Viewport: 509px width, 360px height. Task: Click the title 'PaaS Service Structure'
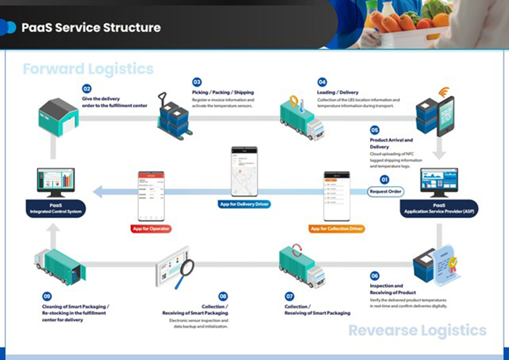91,28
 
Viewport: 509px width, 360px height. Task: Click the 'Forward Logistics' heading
88,68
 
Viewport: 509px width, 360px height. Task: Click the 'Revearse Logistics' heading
417,331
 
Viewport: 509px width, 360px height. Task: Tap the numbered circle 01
385,179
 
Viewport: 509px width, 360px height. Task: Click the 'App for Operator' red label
151,228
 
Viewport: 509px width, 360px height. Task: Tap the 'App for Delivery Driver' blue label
244,204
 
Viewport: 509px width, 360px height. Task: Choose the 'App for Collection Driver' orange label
337,228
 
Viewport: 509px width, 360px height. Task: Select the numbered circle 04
322,82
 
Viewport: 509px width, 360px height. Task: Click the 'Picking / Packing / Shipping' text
224,92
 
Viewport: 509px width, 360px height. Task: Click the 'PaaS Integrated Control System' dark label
60,208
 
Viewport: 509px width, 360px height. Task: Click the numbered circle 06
374,276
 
